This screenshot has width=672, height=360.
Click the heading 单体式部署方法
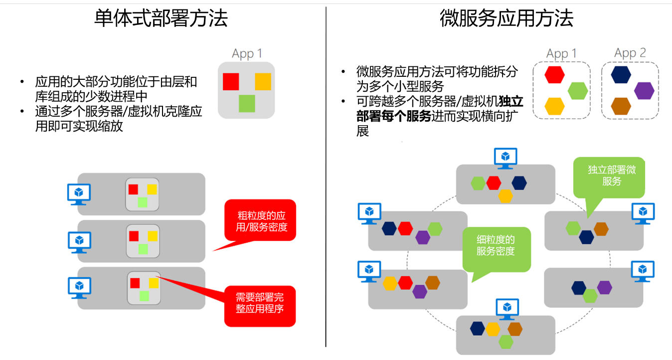coord(161,18)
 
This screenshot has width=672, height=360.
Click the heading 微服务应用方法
coord(506,18)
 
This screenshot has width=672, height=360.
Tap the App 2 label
coord(630,53)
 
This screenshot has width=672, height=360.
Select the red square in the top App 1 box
coord(231,81)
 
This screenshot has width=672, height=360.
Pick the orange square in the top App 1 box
coord(263,81)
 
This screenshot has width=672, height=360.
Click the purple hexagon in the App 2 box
coord(644,91)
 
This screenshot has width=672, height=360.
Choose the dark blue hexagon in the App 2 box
coord(621,74)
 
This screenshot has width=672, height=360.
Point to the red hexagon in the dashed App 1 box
coord(554,74)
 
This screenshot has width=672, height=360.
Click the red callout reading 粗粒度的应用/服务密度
coord(260,221)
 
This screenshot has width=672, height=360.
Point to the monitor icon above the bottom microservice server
coord(507,308)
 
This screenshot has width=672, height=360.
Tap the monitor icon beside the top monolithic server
coord(79,193)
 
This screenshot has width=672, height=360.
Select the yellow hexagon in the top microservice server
coord(505,196)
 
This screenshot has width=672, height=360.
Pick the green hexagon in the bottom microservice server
coord(505,342)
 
